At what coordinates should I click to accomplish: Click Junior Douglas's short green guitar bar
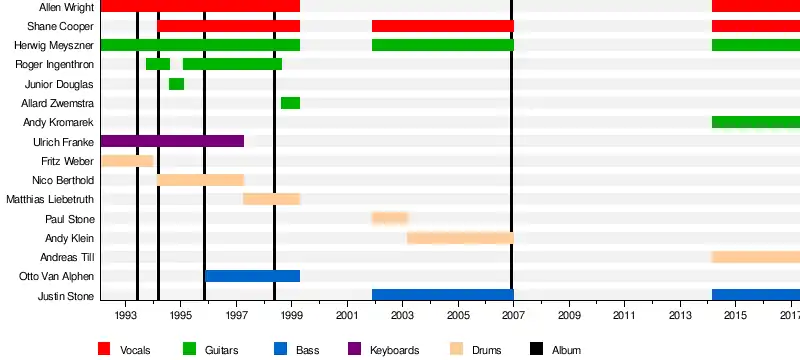(x=177, y=84)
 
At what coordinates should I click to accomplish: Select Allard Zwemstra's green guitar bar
(x=290, y=103)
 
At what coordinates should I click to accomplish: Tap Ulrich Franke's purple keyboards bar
(x=172, y=141)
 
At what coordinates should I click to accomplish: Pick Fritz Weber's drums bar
(x=128, y=161)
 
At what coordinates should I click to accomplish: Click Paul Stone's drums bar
(x=390, y=218)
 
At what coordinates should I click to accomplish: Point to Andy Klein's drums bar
(x=460, y=238)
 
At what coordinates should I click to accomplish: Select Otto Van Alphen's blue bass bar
(x=253, y=276)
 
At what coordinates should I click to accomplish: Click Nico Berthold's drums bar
(x=201, y=180)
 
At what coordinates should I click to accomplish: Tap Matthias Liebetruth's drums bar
(x=271, y=199)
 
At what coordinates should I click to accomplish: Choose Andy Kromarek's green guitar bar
(x=756, y=122)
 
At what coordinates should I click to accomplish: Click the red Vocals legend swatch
(x=104, y=349)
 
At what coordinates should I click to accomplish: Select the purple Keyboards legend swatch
(x=354, y=349)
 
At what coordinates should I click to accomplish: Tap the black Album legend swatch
(x=536, y=349)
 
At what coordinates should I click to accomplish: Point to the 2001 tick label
(x=347, y=316)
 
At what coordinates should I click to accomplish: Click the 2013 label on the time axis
(x=680, y=316)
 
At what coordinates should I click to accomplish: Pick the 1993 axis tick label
(x=125, y=316)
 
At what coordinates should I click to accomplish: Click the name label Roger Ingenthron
(x=55, y=65)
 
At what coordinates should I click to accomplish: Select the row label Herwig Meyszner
(x=54, y=46)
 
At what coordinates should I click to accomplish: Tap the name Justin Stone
(x=66, y=296)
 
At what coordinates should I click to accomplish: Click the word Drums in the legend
(x=486, y=350)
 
